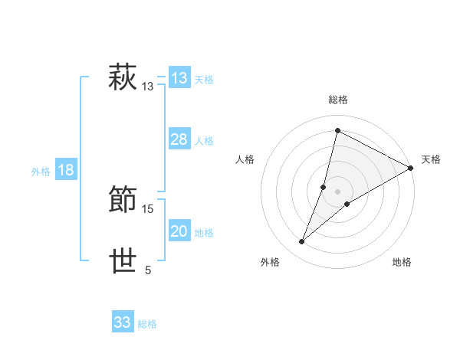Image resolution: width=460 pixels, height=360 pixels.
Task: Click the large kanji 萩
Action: [x=123, y=78]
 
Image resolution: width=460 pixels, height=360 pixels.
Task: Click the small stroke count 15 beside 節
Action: [x=149, y=208]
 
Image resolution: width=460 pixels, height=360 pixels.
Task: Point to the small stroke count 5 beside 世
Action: [x=148, y=270]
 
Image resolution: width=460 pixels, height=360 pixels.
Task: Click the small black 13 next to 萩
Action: [x=148, y=87]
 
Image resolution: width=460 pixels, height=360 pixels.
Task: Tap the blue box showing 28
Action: [x=179, y=139]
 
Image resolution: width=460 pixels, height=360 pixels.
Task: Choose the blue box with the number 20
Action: [x=179, y=231]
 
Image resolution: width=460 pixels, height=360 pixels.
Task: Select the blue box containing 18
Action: [x=66, y=170]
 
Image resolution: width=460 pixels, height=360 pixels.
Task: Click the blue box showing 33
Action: [x=122, y=322]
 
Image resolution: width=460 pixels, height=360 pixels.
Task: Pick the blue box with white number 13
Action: [x=179, y=78]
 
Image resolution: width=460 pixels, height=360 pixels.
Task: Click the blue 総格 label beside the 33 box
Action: [x=147, y=324]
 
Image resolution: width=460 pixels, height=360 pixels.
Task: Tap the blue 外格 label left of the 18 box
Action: [x=41, y=172]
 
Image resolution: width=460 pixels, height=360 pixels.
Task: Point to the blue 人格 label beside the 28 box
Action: [x=204, y=141]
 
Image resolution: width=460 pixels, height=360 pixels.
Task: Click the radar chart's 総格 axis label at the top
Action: [x=338, y=100]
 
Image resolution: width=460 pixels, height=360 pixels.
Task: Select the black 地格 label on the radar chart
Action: [x=402, y=263]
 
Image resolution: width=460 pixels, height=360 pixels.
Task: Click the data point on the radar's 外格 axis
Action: [x=302, y=242]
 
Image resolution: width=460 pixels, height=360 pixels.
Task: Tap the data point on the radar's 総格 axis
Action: [x=337, y=129]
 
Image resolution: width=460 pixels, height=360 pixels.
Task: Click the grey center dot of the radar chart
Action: [x=338, y=191]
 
